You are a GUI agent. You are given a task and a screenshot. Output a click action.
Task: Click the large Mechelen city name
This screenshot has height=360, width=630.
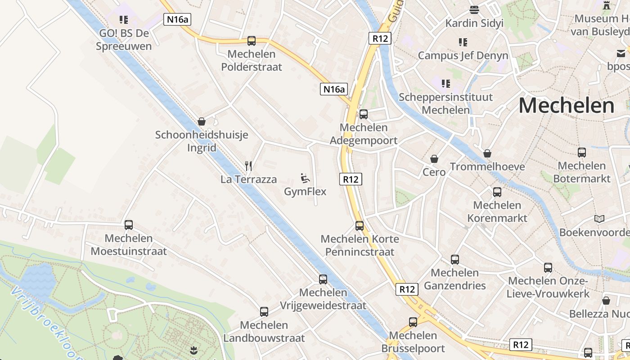[566, 106]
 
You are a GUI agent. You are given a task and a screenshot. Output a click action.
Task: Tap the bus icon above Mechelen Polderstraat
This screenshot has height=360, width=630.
[252, 41]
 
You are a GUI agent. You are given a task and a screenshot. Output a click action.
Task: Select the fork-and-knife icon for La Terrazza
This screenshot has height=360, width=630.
[248, 166]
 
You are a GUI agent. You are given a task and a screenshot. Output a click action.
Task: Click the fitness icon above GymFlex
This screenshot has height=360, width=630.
[305, 178]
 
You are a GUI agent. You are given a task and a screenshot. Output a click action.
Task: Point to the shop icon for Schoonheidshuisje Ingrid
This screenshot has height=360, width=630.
[202, 121]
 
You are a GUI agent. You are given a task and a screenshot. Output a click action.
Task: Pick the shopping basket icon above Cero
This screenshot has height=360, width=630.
[434, 159]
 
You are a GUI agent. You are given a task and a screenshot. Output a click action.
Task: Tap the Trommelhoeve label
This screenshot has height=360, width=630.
[487, 167]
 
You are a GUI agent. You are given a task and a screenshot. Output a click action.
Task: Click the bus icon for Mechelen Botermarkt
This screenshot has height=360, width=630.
[582, 153]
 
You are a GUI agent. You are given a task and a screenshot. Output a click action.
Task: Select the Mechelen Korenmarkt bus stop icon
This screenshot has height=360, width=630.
[497, 192]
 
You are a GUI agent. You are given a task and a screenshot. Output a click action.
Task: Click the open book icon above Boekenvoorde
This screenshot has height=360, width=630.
[599, 219]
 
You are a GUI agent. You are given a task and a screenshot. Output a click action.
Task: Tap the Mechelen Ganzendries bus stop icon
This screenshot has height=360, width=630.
[455, 260]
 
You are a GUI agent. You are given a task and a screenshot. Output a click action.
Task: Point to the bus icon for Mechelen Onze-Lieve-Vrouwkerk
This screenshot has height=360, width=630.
[548, 268]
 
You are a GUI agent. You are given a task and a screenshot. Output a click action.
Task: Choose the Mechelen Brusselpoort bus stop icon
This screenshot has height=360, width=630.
[413, 322]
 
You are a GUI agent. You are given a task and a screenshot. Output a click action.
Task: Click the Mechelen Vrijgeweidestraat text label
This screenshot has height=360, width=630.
[323, 299]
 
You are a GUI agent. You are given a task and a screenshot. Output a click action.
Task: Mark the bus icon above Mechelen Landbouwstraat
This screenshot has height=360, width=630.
[264, 312]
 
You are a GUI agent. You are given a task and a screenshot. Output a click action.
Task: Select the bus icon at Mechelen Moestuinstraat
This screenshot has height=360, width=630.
[129, 225]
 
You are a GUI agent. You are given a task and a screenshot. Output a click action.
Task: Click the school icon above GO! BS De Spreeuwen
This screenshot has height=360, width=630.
[124, 20]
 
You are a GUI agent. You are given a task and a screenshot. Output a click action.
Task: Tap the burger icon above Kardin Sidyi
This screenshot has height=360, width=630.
[474, 9]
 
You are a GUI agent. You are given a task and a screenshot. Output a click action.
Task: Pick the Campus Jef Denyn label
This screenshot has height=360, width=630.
[463, 55]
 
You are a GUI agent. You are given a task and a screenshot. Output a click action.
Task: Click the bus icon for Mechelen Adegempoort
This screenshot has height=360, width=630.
[364, 114]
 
